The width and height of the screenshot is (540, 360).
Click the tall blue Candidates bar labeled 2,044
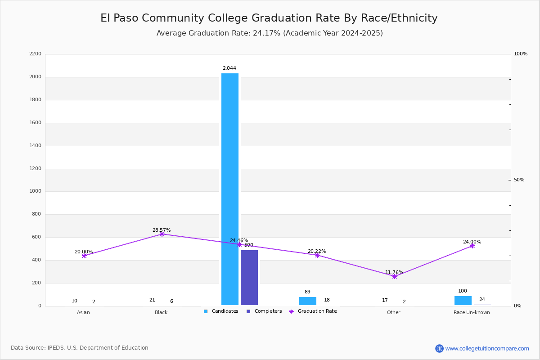coord(229,189)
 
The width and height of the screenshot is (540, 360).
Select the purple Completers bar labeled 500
coord(249,277)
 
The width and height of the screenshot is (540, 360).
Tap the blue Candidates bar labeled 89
coord(307,301)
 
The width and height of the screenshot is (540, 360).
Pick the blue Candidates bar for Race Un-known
coord(463,300)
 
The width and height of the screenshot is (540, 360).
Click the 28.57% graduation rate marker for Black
coord(162,234)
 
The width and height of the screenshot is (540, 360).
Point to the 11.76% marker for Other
coord(395,276)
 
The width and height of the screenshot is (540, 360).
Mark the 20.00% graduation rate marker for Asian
coord(84,256)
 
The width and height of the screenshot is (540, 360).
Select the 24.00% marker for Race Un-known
coord(472,246)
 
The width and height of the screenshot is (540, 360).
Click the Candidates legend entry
coord(221,311)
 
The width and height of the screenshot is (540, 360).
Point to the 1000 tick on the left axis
coord(36,191)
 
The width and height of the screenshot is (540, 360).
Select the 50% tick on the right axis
coord(519,180)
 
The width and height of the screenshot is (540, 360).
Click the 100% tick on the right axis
coord(520,54)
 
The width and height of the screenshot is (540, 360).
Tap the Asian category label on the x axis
coord(83,313)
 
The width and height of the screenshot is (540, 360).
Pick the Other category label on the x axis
coord(393,313)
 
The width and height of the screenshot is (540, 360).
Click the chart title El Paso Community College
coord(269,18)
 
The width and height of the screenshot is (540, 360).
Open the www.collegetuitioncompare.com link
coord(487,348)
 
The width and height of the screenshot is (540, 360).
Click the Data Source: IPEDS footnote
coord(80,348)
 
